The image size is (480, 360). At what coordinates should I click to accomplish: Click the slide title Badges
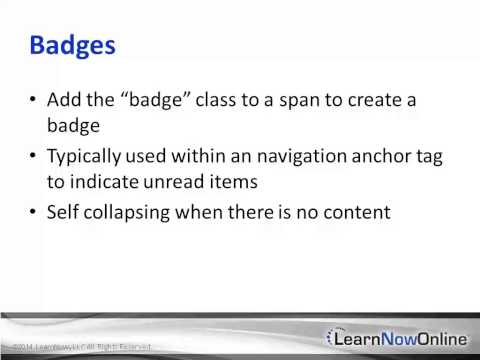pos(72,46)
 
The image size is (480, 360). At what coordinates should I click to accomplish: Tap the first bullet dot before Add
pos(34,101)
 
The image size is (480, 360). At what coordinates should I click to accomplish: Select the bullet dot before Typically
pos(34,157)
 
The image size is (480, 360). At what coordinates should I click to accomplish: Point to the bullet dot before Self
pos(34,213)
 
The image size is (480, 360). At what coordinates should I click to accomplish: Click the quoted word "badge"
pos(125,101)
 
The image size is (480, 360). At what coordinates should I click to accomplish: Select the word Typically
pos(88,157)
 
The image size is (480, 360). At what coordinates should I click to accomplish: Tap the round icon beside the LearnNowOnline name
pos(340,338)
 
